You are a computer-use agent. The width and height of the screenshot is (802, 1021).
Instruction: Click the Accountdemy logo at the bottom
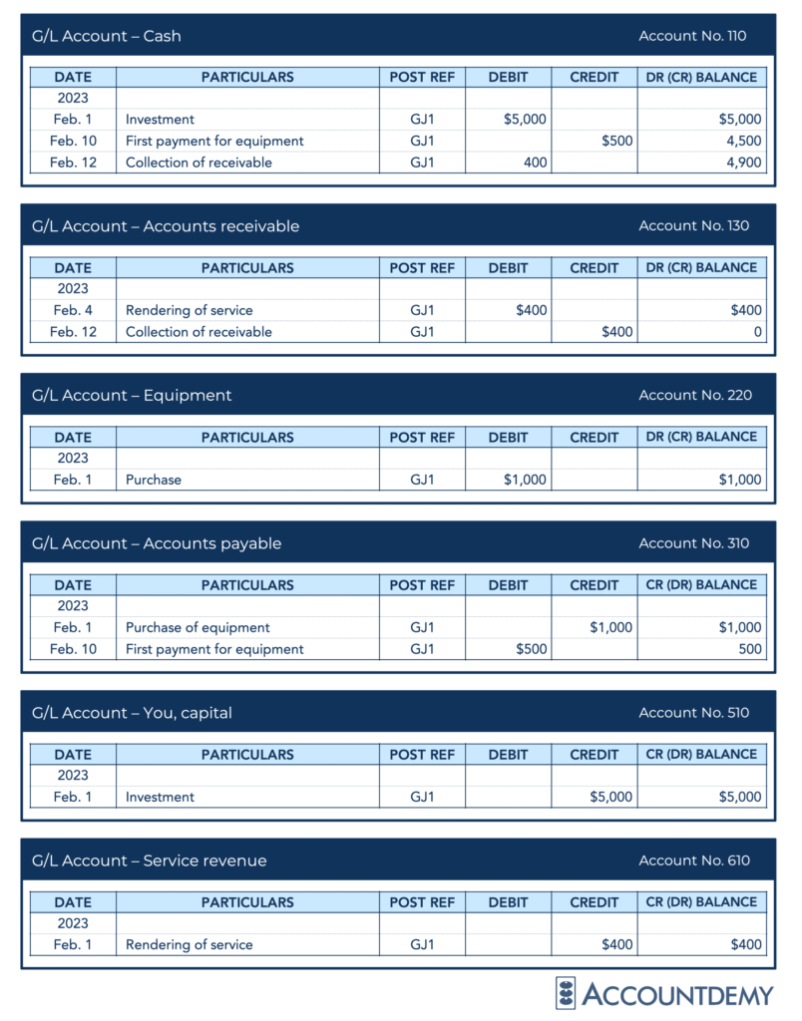664,994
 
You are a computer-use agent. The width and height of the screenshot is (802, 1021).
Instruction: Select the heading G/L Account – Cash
107,36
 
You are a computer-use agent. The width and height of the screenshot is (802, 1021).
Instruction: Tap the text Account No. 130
692,225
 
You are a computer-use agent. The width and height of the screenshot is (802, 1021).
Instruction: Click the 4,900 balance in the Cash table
743,163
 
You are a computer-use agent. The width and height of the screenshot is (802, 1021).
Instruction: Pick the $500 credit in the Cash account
616,141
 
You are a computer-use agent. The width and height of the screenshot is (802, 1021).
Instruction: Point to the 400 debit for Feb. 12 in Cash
536,163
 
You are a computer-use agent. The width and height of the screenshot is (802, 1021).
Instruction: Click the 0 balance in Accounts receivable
757,332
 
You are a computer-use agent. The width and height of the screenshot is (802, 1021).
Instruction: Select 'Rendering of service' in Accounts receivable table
190,310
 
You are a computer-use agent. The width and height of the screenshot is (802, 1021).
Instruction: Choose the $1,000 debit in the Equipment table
525,480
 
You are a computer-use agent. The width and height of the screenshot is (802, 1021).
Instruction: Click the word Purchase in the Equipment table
154,480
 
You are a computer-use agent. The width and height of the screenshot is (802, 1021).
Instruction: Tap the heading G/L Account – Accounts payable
157,543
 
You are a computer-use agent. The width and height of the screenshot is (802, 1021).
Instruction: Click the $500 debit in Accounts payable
531,649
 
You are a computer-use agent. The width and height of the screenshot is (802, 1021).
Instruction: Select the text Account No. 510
693,713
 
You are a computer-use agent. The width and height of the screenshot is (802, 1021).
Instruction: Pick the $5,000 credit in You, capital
610,797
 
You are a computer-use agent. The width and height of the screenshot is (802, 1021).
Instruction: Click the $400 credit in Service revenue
616,944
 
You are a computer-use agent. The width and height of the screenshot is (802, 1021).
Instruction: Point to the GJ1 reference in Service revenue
422,944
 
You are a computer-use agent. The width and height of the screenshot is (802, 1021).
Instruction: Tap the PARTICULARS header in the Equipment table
247,437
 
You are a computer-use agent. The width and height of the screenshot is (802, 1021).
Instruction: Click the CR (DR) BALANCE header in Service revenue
702,902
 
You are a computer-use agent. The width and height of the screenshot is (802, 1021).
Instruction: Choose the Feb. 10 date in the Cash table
73,141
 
